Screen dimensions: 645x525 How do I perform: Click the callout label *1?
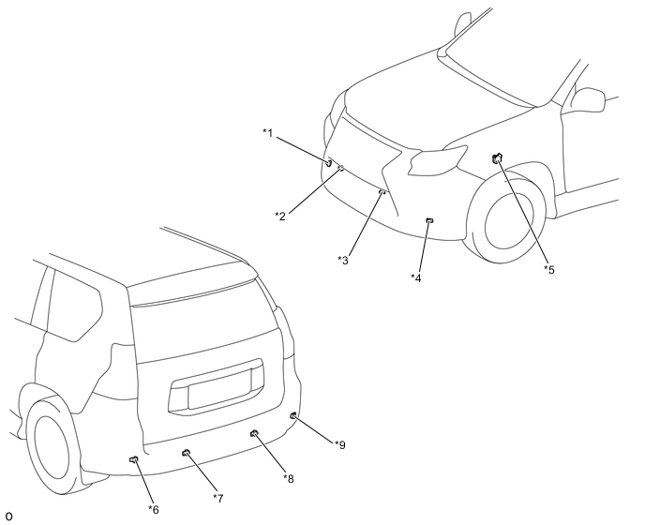(x=268, y=133)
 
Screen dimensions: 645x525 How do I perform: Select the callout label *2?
(x=280, y=216)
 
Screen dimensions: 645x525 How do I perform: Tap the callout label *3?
(x=343, y=260)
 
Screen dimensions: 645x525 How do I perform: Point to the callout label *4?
(x=416, y=278)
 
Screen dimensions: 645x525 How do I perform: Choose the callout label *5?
(x=549, y=269)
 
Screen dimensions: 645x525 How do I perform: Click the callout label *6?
(x=154, y=510)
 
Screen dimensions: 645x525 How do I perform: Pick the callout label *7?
(x=218, y=498)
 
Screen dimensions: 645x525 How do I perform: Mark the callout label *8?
(x=289, y=478)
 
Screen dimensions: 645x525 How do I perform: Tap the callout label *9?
(x=340, y=444)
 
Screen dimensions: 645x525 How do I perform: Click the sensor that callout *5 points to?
(x=497, y=157)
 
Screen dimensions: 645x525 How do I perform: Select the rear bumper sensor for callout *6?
(x=134, y=459)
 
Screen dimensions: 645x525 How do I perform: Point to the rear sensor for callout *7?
(x=186, y=453)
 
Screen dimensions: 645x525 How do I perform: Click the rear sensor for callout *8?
(x=254, y=432)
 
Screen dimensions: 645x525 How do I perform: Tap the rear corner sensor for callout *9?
(x=293, y=415)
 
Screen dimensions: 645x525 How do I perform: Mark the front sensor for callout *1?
(x=329, y=162)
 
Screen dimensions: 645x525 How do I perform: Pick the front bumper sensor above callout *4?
(x=429, y=221)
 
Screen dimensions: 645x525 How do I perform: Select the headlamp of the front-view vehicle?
(x=436, y=160)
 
